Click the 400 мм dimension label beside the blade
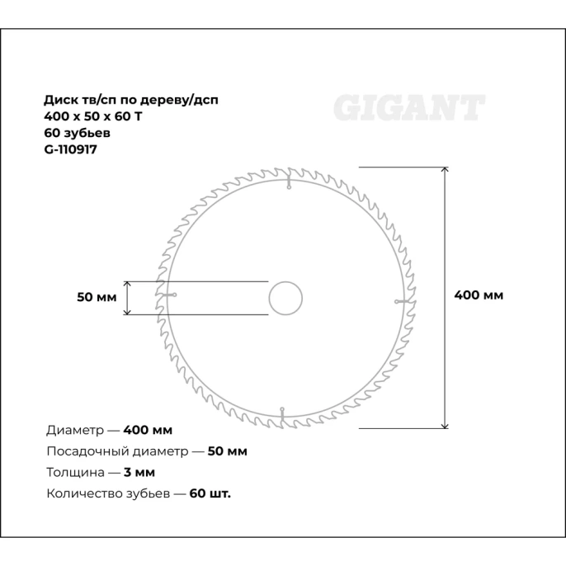click(x=479, y=295)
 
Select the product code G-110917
click(x=71, y=149)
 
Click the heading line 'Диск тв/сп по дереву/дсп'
click(x=131, y=99)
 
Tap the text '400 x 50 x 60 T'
click(x=92, y=116)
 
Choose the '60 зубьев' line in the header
click(x=77, y=132)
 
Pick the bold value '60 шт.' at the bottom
click(x=210, y=494)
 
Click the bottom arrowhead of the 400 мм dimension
click(x=446, y=424)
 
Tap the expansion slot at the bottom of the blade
click(x=282, y=413)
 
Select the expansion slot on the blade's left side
click(x=167, y=295)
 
